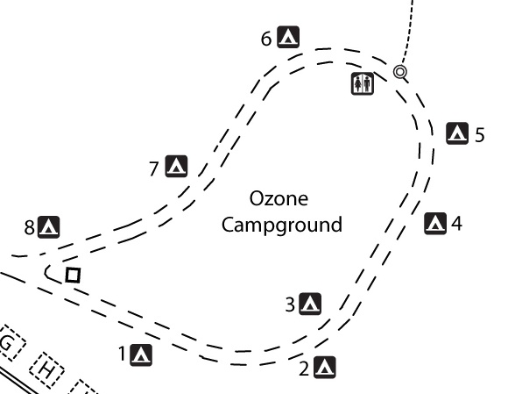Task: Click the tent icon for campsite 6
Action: [288, 37]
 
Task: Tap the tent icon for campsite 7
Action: [176, 166]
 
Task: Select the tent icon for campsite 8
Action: [49, 227]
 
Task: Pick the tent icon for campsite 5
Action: [457, 133]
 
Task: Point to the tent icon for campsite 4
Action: [435, 224]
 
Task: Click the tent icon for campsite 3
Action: [310, 304]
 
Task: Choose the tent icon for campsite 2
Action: [324, 368]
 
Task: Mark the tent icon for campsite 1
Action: [141, 355]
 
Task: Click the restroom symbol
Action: [363, 84]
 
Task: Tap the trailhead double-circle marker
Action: [399, 71]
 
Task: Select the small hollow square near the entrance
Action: [73, 276]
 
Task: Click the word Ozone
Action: [279, 199]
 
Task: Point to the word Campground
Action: [282, 226]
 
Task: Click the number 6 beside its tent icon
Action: [266, 39]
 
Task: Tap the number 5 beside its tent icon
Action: [480, 135]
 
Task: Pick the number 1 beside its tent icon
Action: [123, 354]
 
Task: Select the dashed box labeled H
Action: [46, 370]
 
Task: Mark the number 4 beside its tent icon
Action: [457, 224]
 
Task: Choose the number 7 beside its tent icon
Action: [154, 168]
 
